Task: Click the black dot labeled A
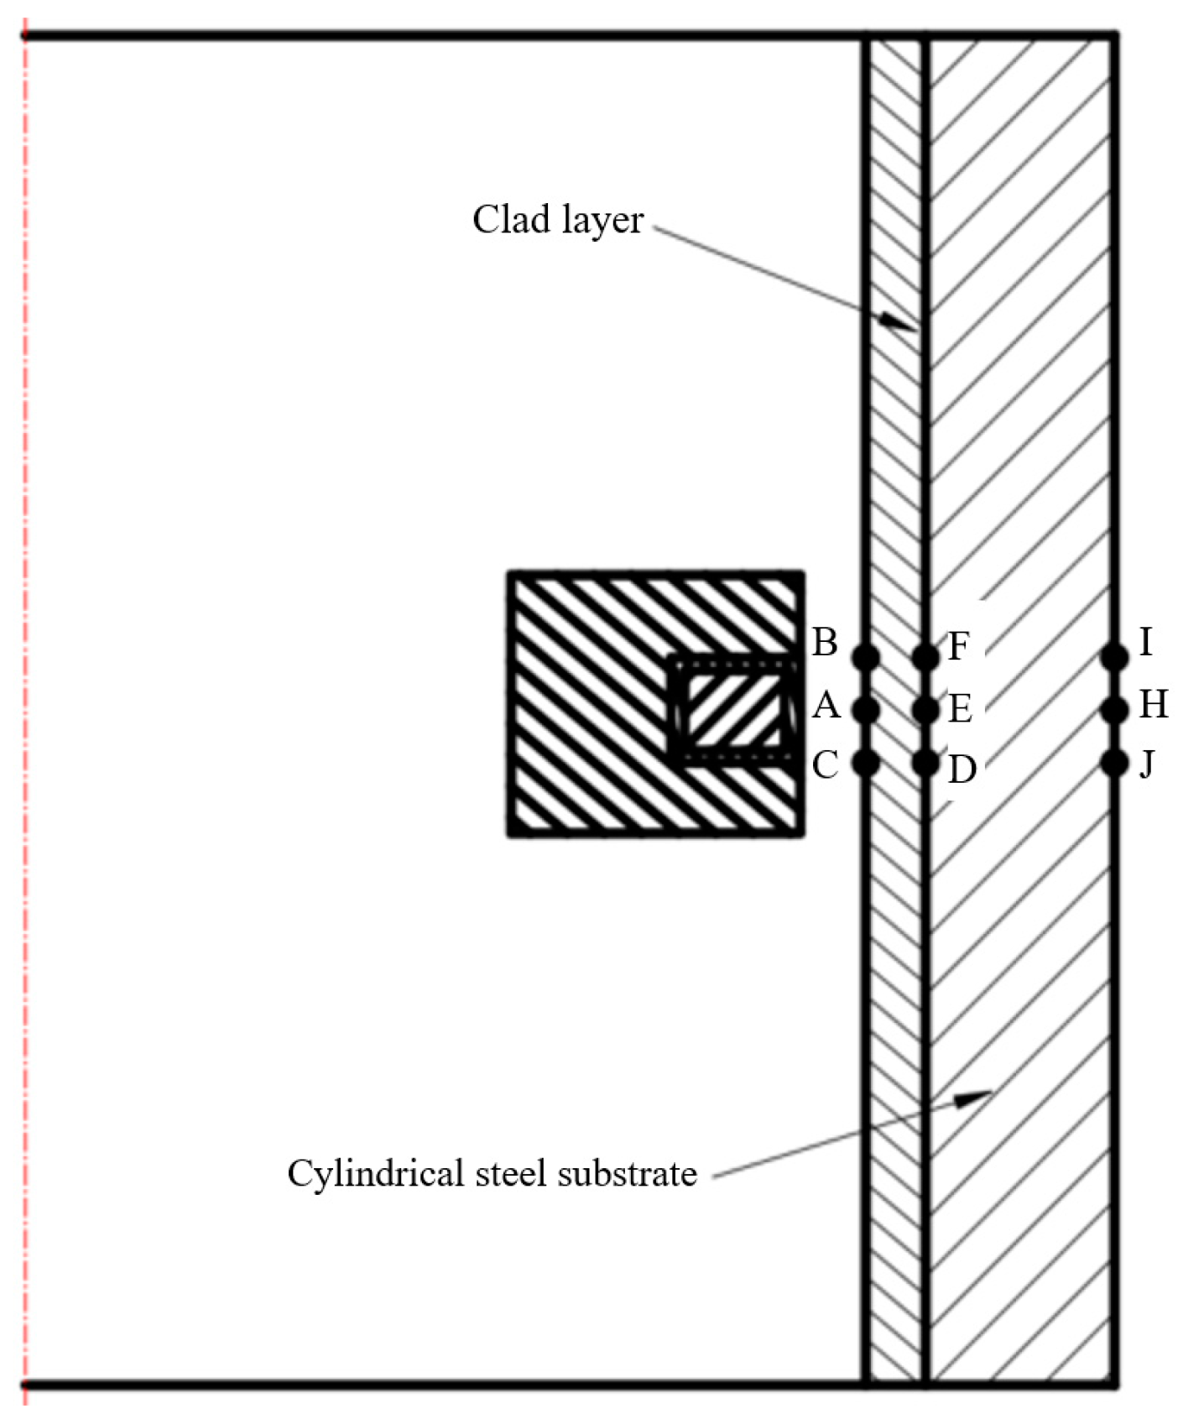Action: point(865,710)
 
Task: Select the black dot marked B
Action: point(865,656)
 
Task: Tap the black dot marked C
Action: point(865,762)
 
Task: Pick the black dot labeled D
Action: point(925,763)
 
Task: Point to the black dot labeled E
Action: point(925,710)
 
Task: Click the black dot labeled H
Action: point(1114,710)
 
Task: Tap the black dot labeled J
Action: point(1114,763)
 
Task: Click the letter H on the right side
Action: point(1154,705)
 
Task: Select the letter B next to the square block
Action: point(825,643)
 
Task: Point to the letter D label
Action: point(962,769)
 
